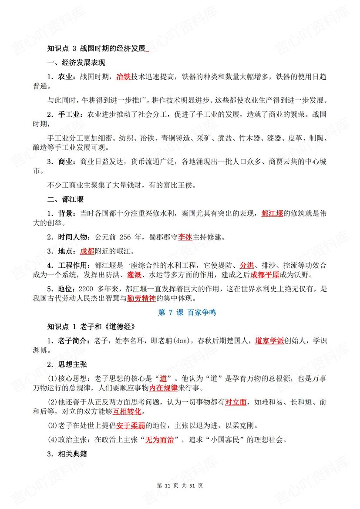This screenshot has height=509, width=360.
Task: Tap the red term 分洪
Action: [246, 265]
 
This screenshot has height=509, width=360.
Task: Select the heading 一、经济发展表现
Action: [76, 63]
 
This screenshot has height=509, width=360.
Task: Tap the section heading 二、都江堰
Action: [66, 200]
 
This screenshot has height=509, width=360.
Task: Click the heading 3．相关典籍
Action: [67, 454]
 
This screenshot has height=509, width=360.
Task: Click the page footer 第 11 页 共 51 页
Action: [180, 485]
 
